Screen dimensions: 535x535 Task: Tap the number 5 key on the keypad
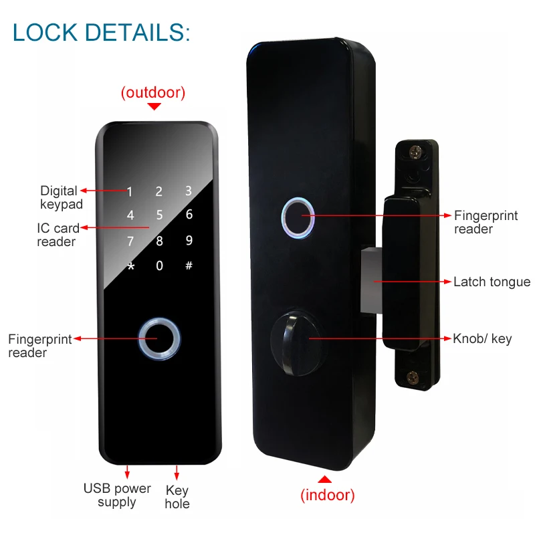[x=159, y=215]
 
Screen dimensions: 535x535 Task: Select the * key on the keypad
[x=131, y=266]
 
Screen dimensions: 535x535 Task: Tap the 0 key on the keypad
[x=159, y=266]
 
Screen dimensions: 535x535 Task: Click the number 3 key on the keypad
[x=189, y=191]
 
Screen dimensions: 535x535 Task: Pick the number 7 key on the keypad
[x=131, y=241]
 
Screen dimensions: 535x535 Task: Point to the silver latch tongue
[x=370, y=281]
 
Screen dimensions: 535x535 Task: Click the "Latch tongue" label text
[x=492, y=282]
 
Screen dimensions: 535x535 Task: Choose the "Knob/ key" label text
[x=482, y=339]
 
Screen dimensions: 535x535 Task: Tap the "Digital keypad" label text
[x=60, y=198]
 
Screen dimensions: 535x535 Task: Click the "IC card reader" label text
[x=57, y=235]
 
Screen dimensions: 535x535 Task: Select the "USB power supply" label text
[x=117, y=496]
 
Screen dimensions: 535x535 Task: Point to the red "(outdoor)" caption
[x=153, y=93]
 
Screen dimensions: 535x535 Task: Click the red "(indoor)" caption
[x=327, y=496]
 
